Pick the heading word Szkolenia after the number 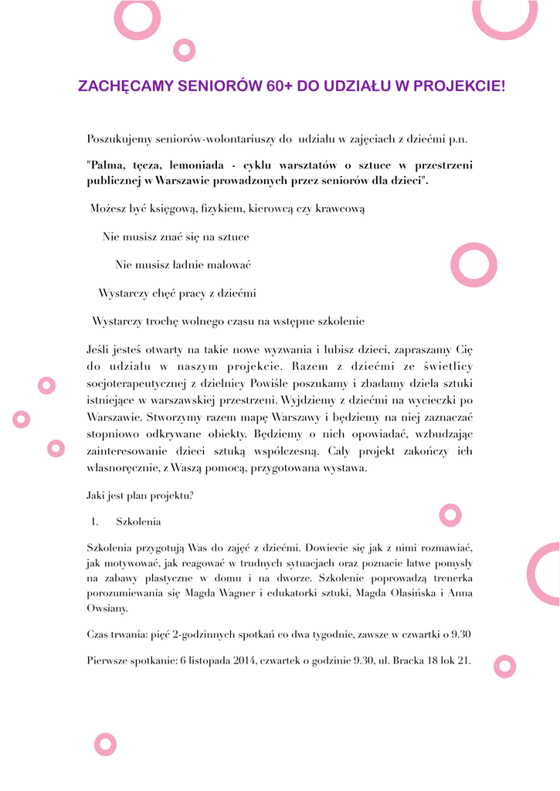tap(138, 522)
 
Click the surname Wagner tap(270, 593)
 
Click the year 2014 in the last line tap(243, 661)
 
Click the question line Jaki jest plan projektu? tap(140, 495)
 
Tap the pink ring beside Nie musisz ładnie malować tap(473, 265)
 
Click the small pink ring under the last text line tap(504, 666)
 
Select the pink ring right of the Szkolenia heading tap(450, 514)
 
